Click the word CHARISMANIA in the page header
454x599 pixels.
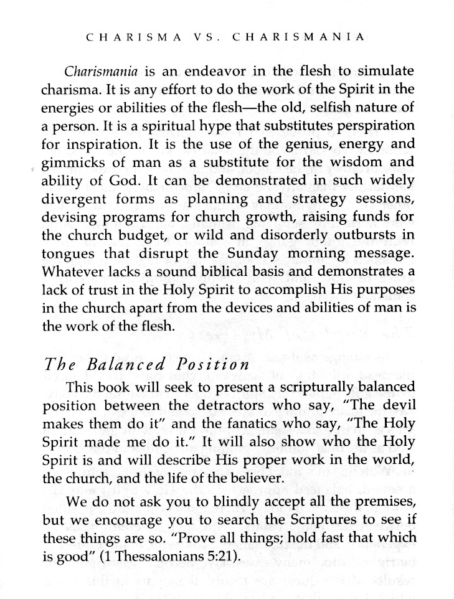point(298,37)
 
